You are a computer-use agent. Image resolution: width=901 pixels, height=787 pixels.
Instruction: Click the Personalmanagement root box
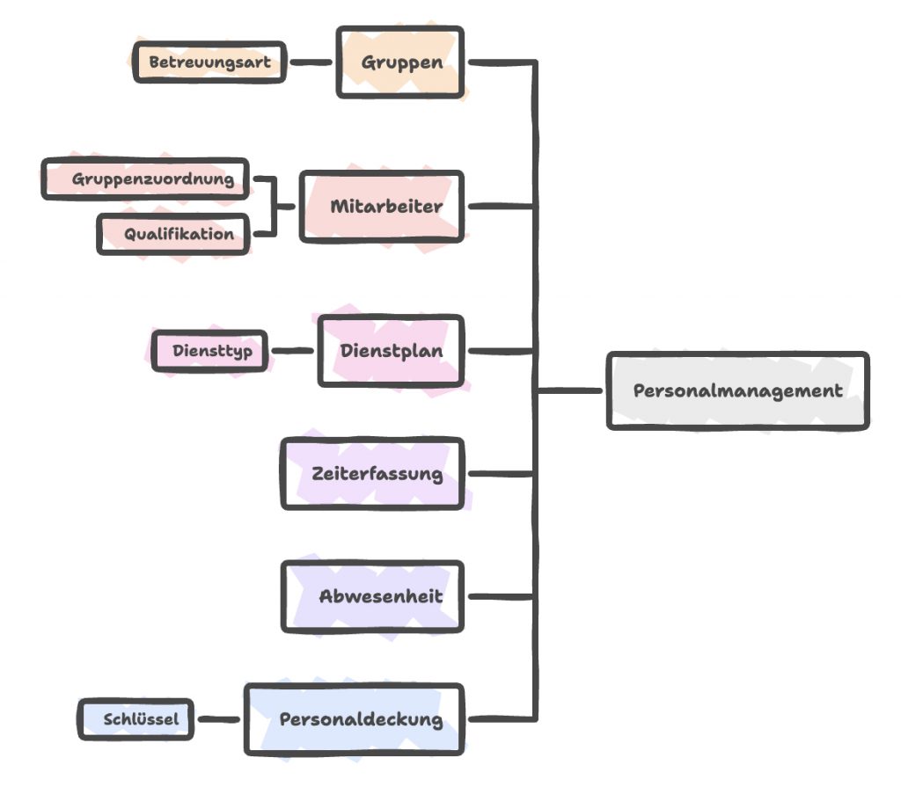click(738, 390)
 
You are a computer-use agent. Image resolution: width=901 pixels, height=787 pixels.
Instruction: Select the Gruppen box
click(400, 62)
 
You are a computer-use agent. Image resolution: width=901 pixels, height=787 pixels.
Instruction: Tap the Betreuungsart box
click(209, 62)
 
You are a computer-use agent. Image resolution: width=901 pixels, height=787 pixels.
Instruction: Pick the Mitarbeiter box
click(382, 207)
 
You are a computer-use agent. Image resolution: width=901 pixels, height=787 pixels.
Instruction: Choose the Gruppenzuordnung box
click(145, 179)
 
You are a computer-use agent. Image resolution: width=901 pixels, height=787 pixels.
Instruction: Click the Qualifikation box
click(173, 234)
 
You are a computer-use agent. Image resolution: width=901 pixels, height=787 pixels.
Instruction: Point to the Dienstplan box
click(391, 351)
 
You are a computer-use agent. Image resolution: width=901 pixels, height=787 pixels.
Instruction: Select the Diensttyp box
click(209, 351)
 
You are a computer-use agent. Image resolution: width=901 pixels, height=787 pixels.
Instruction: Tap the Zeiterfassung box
click(372, 473)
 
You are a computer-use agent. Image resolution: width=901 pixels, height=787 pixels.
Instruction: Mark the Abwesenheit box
click(372, 596)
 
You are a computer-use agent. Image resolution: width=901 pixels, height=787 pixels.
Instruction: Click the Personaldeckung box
click(355, 718)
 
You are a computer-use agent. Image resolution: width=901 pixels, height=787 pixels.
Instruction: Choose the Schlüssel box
click(136, 718)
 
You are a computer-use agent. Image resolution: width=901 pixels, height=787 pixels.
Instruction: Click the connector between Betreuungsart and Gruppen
click(311, 62)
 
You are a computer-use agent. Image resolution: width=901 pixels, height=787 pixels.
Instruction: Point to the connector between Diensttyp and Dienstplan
click(292, 351)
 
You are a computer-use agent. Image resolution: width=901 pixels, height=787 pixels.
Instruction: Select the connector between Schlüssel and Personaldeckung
click(219, 718)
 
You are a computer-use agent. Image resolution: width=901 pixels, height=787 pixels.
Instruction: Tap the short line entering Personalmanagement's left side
click(570, 390)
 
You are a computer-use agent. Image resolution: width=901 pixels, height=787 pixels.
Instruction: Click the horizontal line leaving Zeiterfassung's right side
click(501, 474)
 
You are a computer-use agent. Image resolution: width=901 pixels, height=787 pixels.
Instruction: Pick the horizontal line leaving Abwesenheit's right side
click(501, 597)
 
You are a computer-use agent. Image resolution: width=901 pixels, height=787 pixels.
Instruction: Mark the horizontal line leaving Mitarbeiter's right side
click(501, 206)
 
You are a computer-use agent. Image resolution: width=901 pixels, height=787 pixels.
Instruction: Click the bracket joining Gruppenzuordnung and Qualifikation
click(275, 207)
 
